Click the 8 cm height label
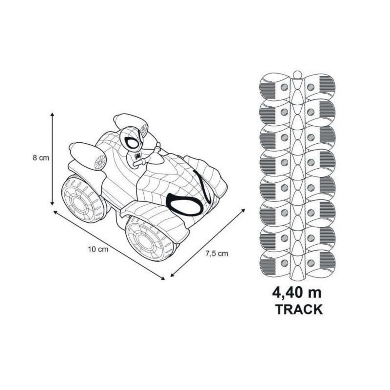(x=41, y=158)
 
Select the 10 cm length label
(x=98, y=250)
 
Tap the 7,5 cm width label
(x=217, y=253)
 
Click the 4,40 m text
(x=297, y=292)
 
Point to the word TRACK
(x=299, y=309)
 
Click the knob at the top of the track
(x=297, y=75)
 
